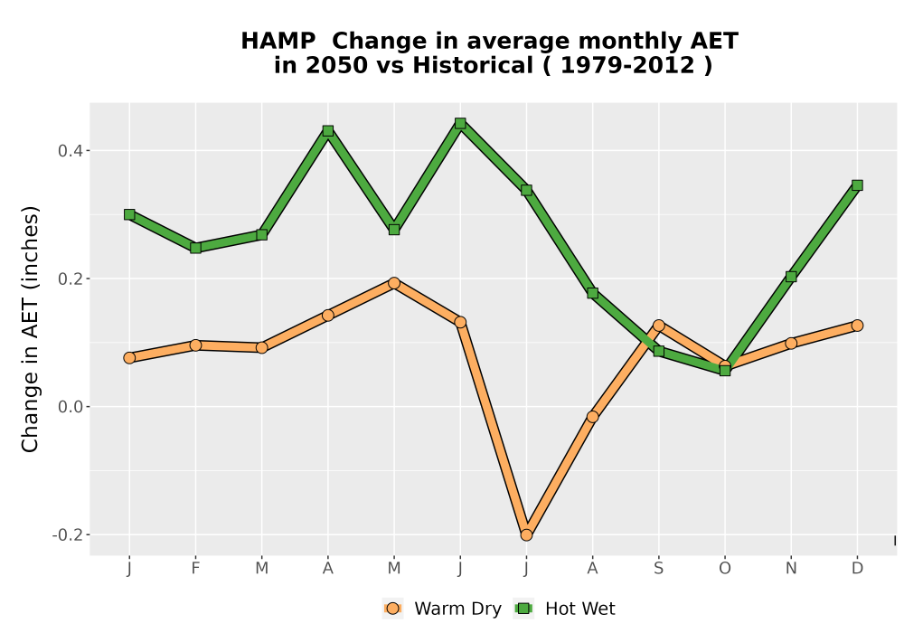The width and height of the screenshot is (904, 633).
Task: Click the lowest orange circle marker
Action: point(526,535)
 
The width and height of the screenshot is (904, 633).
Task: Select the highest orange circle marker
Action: point(394,283)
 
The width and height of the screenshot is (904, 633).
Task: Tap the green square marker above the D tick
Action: point(857,185)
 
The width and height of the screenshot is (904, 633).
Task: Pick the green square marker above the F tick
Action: point(195,248)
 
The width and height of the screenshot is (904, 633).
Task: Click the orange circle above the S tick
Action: point(658,326)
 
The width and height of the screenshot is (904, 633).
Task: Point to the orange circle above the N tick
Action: point(791,343)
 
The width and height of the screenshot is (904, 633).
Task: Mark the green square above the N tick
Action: point(791,277)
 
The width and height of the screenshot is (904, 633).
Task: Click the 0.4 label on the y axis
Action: point(71,151)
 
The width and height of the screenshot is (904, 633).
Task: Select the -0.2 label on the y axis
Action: point(68,535)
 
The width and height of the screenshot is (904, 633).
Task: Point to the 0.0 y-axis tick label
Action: point(71,407)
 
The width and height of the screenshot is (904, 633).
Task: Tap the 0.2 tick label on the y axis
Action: point(71,279)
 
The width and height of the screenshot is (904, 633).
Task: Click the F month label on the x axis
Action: point(195,569)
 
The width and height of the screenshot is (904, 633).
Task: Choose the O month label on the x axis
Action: point(725,569)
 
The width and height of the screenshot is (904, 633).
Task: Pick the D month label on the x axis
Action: point(857,569)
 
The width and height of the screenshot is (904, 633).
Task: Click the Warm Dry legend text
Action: point(457,609)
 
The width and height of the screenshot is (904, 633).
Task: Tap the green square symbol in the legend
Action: point(524,609)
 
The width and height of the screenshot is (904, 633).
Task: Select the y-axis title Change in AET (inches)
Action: point(30,329)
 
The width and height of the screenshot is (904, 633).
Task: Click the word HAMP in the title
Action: point(278,41)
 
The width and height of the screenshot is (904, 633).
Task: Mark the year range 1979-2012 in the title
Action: point(627,65)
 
